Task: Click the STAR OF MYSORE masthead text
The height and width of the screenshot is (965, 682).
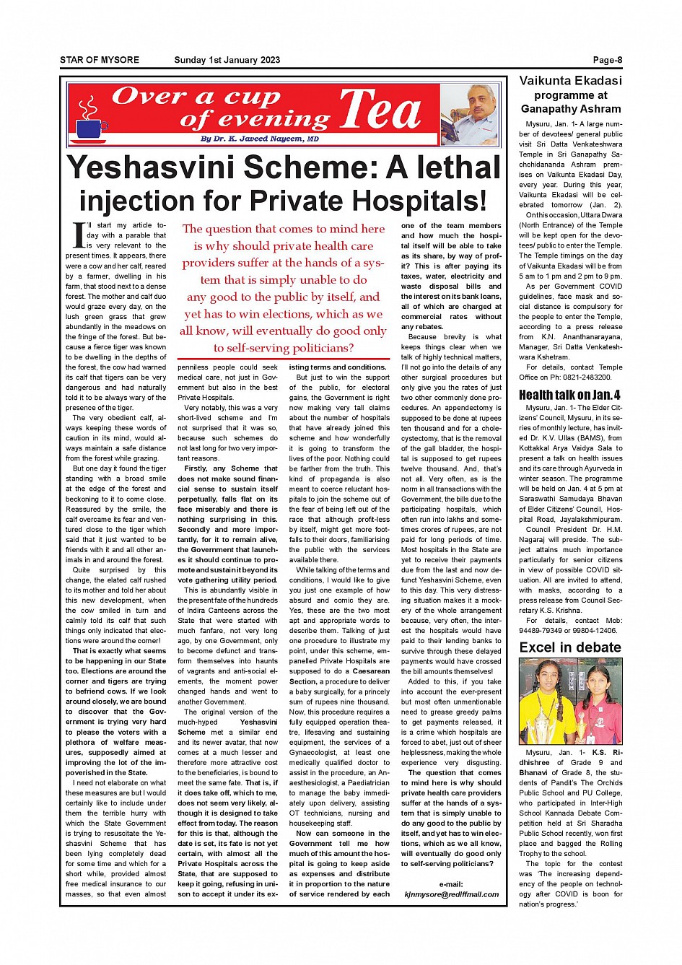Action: pos(99,60)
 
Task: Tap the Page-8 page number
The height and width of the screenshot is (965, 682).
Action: pos(607,60)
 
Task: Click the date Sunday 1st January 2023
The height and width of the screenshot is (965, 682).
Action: pos(227,60)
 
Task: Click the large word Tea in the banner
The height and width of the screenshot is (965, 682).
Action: pos(380,110)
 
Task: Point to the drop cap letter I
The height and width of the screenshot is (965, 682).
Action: pos(79,234)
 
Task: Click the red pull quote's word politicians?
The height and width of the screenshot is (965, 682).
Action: pos(318,348)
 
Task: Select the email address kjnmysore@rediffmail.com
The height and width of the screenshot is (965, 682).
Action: pos(451,894)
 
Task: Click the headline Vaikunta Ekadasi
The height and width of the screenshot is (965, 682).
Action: pos(570,81)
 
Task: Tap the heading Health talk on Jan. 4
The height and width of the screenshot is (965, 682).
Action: pos(569,394)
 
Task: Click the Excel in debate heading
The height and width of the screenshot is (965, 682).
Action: pos(569,647)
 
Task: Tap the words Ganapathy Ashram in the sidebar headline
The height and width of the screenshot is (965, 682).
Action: pos(570,109)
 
